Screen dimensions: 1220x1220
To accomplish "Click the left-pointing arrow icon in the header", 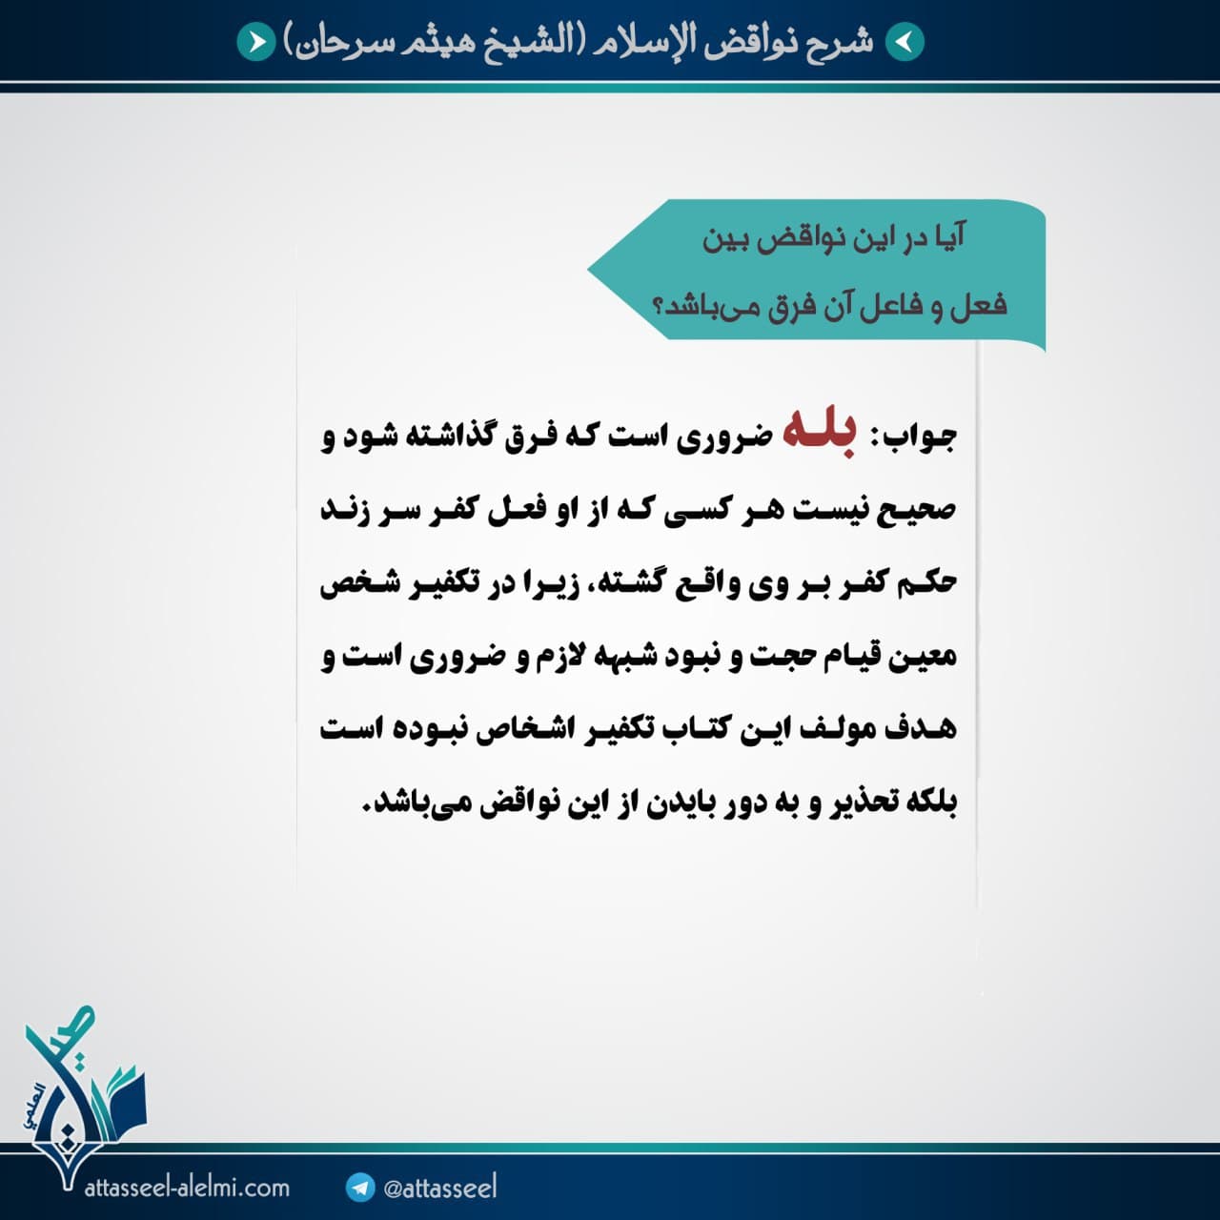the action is (905, 43).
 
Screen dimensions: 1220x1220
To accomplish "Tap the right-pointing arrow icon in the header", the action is (256, 43).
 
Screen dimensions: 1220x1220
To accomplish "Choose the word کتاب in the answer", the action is (690, 729).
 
